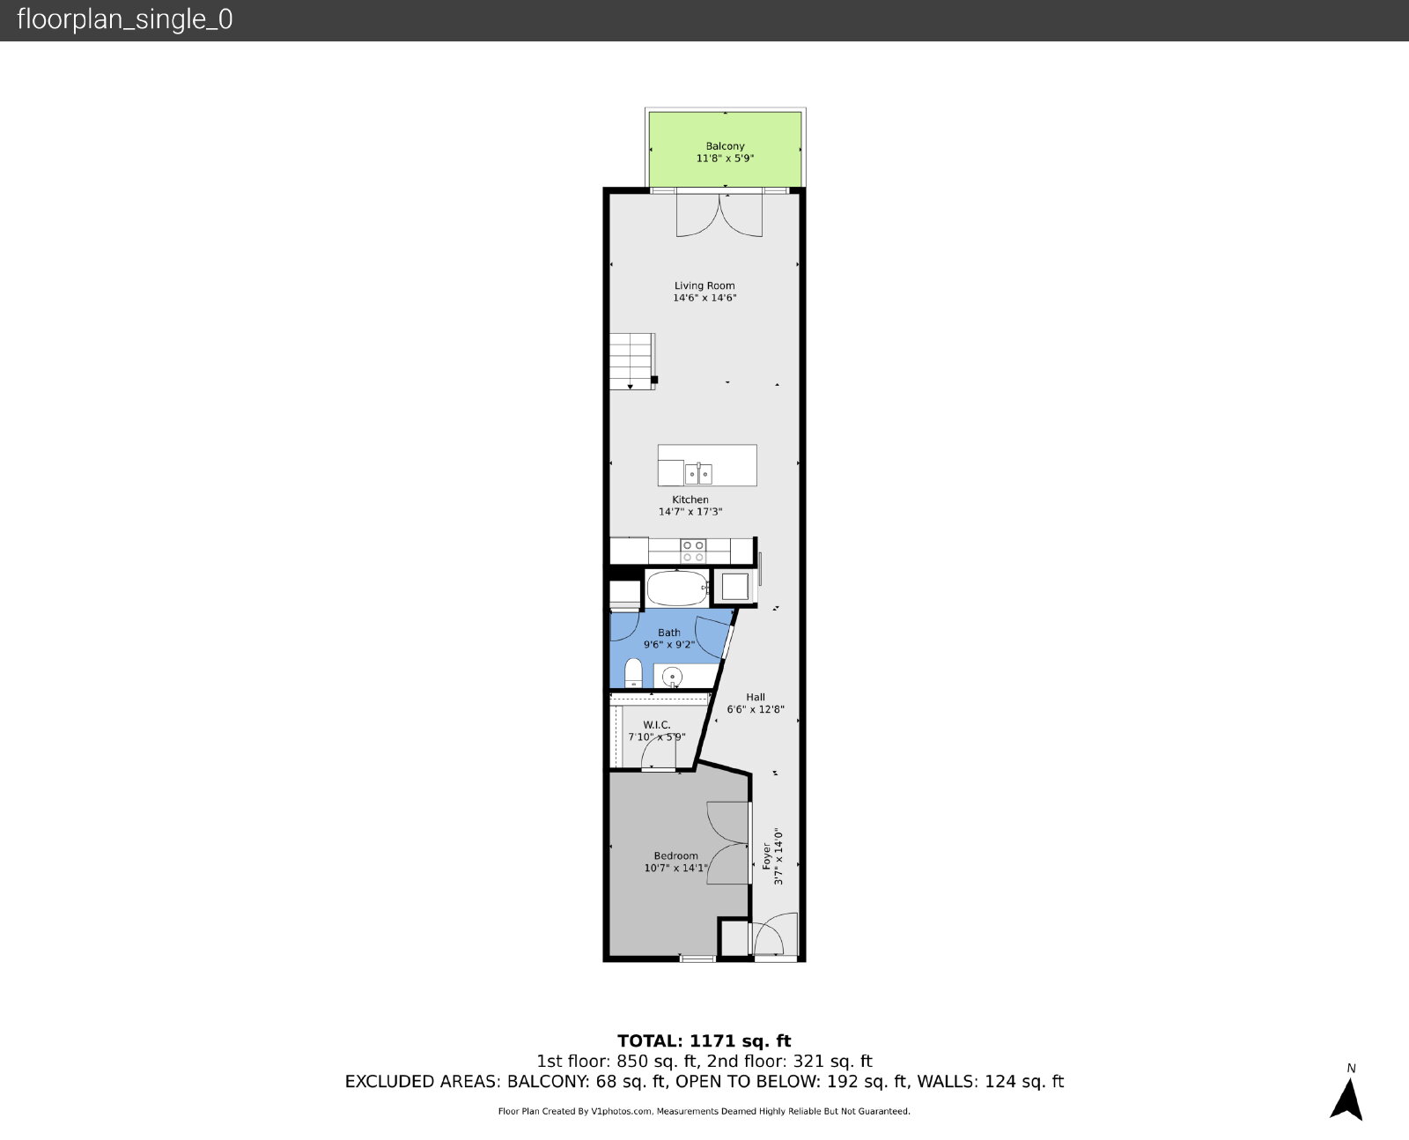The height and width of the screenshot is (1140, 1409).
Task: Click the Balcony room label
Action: click(x=725, y=146)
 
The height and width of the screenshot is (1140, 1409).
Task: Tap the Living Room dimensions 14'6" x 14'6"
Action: click(x=704, y=298)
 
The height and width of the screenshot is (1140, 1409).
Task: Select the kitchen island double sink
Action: click(x=698, y=474)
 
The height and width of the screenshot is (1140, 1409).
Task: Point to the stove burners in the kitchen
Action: click(x=693, y=551)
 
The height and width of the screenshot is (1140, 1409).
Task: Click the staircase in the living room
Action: click(x=632, y=361)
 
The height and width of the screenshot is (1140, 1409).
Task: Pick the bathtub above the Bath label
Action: click(x=677, y=588)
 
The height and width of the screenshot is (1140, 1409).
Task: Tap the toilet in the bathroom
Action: click(x=633, y=674)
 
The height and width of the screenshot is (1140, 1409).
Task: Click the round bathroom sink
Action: click(x=672, y=677)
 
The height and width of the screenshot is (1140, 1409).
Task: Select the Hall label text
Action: click(x=756, y=697)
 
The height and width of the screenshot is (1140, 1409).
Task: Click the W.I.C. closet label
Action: click(x=657, y=725)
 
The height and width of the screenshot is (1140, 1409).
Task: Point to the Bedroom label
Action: click(x=676, y=855)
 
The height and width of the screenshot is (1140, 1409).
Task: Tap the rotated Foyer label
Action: click(x=767, y=855)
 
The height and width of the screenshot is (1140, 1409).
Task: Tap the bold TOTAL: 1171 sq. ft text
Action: click(x=704, y=1040)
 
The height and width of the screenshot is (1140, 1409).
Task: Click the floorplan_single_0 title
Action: click(x=125, y=19)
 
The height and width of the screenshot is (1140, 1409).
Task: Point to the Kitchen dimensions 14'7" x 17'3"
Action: click(x=690, y=512)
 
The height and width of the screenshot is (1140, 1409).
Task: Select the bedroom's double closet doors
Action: click(x=728, y=843)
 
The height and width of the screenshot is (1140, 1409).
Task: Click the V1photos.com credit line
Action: click(x=704, y=1111)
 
